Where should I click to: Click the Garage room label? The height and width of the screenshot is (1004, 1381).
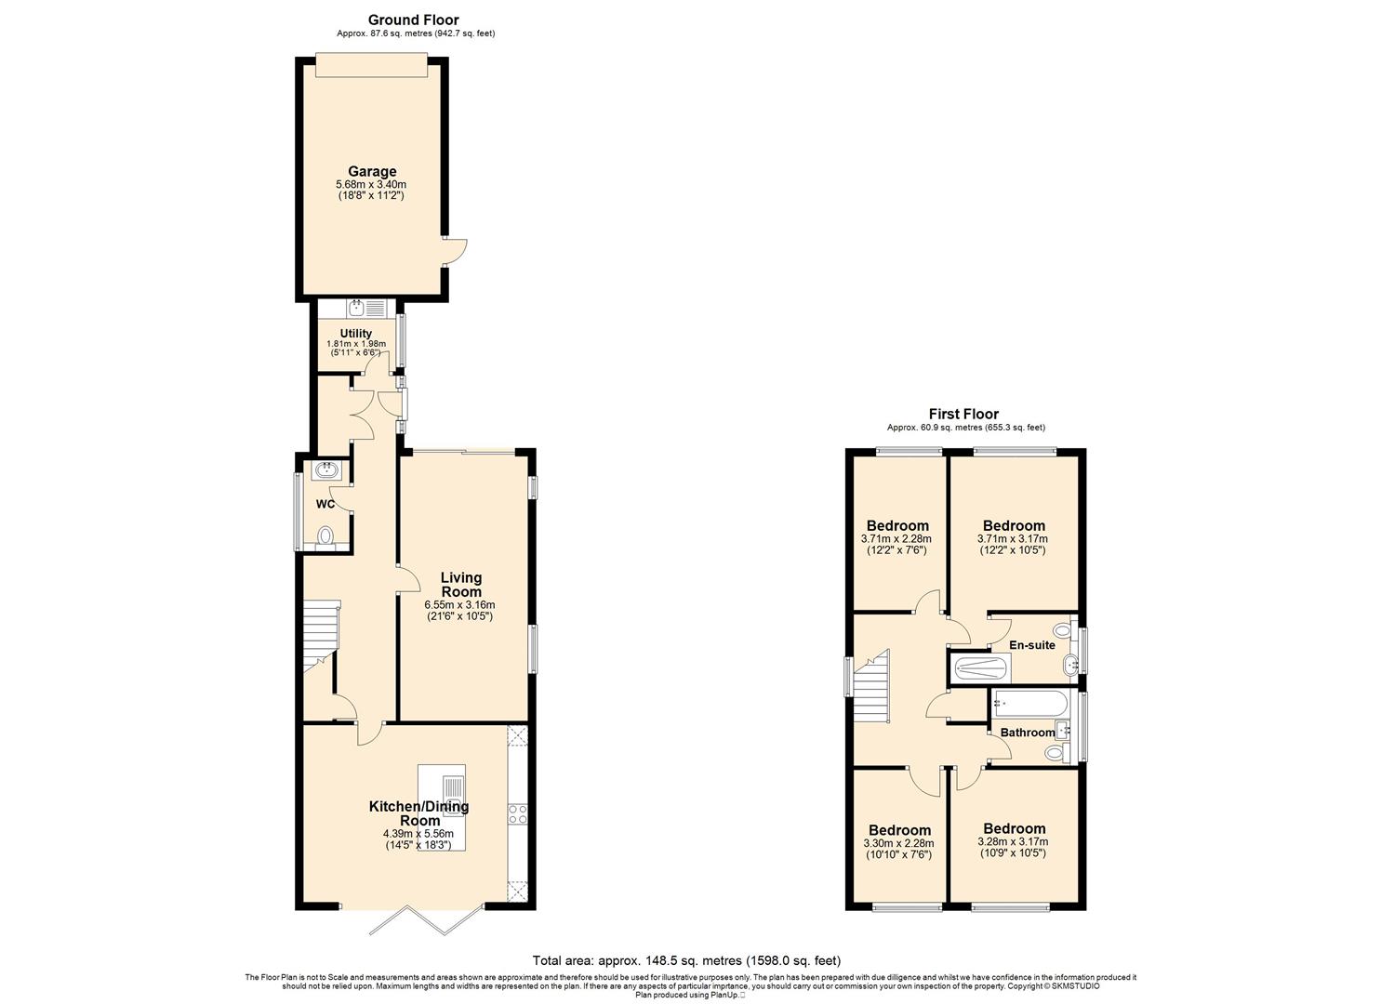[372, 171]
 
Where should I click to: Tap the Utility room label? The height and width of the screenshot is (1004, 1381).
[356, 334]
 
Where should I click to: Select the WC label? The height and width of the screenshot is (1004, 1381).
[325, 504]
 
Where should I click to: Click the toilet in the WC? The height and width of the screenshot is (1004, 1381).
[325, 535]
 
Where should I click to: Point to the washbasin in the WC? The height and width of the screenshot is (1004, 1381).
[326, 471]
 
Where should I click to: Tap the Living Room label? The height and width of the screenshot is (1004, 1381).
[461, 585]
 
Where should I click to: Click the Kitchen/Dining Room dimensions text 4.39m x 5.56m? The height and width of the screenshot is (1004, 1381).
[418, 834]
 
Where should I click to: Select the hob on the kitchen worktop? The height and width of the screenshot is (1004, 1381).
[518, 814]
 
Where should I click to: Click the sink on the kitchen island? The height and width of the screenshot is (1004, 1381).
[453, 796]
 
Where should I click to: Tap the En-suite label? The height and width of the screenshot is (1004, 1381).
[1032, 645]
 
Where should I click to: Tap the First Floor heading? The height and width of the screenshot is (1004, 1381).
[963, 415]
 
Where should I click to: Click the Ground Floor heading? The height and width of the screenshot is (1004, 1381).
[414, 20]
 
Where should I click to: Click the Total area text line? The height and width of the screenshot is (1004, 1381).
[687, 960]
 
